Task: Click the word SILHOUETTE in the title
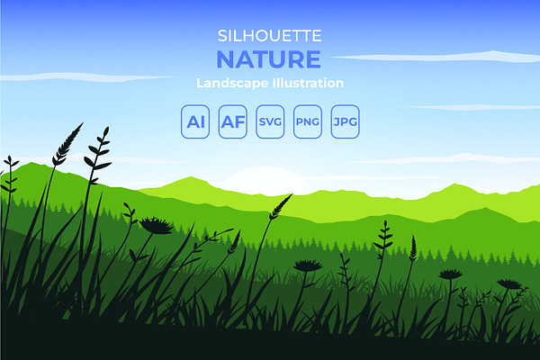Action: coord(270,36)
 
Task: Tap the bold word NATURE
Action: coord(268,59)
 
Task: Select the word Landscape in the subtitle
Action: coord(232,84)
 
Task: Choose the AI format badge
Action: coord(195,121)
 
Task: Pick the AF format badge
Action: coord(233,121)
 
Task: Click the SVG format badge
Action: coord(270,121)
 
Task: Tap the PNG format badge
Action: coord(308,121)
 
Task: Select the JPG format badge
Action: coord(345,121)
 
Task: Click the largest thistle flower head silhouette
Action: coord(156,226)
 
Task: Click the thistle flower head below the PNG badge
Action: coord(308,265)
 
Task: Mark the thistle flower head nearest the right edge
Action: coord(509,284)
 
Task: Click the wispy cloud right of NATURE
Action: coord(436,57)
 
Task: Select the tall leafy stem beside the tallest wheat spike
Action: coord(97,155)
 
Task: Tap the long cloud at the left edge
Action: coord(86,77)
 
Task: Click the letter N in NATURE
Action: coord(226,59)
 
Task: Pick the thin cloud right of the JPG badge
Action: coord(472,107)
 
